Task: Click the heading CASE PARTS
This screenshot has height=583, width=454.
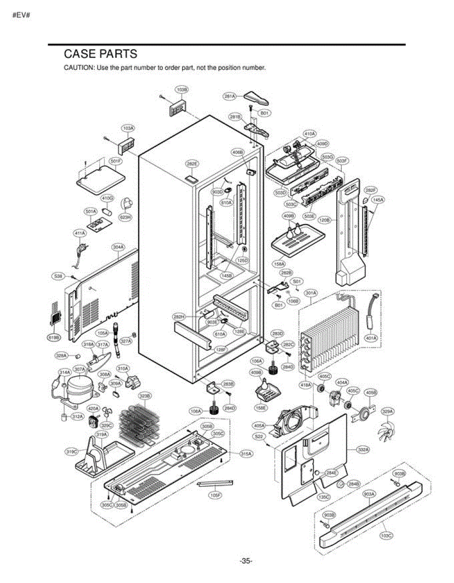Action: pos(101,54)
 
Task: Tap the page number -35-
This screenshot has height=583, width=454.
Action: pos(246,561)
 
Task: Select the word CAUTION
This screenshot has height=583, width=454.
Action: pos(79,68)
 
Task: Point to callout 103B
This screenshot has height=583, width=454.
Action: pos(182,90)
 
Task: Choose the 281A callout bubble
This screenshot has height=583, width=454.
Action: pos(229,96)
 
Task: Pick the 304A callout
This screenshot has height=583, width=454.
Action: pos(118,247)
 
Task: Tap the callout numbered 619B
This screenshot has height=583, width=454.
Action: pos(53,337)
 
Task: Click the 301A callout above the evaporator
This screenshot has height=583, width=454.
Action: pos(311,293)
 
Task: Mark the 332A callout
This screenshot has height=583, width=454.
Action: pos(362,449)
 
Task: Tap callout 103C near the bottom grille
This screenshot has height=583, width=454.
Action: pos(386,535)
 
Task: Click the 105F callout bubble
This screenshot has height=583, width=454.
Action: pos(215,496)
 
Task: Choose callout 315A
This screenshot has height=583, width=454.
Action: pos(247,453)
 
